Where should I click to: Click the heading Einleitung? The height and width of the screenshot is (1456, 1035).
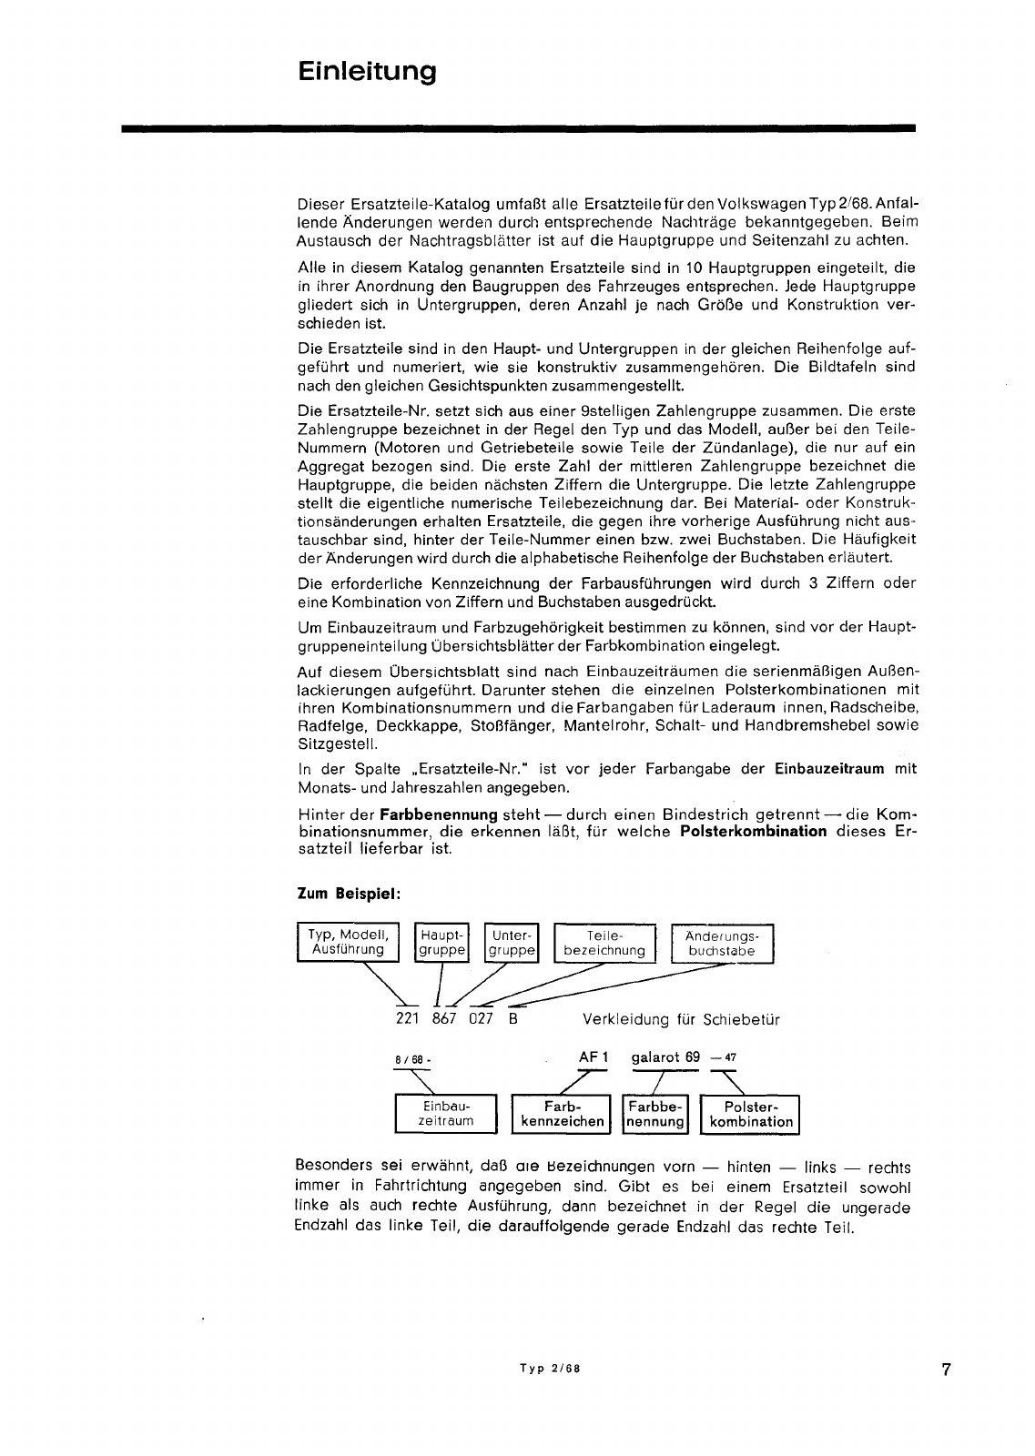(367, 72)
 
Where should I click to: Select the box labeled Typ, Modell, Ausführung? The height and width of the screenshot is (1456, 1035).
(348, 942)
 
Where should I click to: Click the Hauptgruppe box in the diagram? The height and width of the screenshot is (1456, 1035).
(441, 942)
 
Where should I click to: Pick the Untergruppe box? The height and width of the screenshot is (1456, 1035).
(512, 942)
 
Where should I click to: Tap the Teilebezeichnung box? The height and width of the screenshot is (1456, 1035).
(604, 942)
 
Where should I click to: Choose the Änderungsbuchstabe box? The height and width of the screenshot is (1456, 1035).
(722, 942)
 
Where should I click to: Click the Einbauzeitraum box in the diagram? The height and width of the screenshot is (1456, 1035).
(446, 1113)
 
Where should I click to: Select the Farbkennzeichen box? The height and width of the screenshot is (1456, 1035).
(562, 1113)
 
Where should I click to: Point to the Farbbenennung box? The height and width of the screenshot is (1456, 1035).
(654, 1113)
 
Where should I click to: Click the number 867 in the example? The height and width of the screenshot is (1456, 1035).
(443, 1018)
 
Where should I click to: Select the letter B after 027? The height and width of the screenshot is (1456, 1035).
(512, 1018)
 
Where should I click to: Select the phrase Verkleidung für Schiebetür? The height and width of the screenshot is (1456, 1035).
(681, 1019)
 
